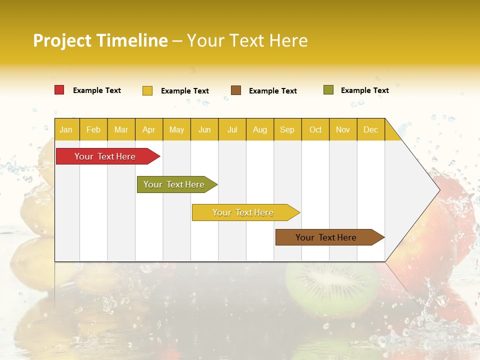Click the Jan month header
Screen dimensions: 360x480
66,129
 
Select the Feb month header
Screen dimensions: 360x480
93,129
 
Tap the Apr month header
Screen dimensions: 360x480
148,129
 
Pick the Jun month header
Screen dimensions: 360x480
204,129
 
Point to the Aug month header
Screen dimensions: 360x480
259,129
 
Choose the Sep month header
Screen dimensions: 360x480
287,129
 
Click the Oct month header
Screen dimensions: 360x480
315,129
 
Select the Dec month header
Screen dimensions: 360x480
370,129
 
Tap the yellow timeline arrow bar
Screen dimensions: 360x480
243,212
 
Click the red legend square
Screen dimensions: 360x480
59,90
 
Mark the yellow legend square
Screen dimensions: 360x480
147,90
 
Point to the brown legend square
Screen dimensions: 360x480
236,90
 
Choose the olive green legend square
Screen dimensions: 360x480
328,90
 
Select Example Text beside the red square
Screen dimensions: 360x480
97,90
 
